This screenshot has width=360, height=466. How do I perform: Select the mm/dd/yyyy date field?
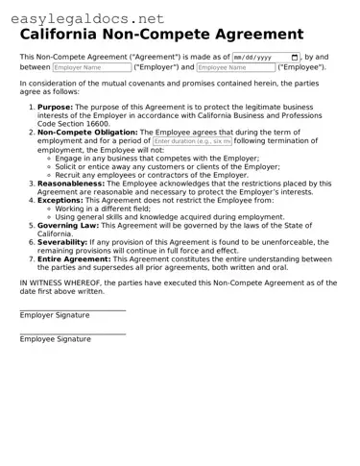point(259,58)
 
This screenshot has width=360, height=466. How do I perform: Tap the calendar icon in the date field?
point(295,58)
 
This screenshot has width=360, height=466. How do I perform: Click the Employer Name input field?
point(91,68)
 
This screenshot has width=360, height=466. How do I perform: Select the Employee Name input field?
point(235,68)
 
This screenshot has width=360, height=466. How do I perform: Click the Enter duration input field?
point(192,140)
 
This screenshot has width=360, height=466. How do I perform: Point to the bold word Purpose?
point(56,108)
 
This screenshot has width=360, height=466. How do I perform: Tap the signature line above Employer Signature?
point(73,309)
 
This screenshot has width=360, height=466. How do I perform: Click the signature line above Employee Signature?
point(73,333)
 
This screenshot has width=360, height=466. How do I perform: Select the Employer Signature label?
point(55,315)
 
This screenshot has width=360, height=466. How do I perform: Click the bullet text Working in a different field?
point(108,208)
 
